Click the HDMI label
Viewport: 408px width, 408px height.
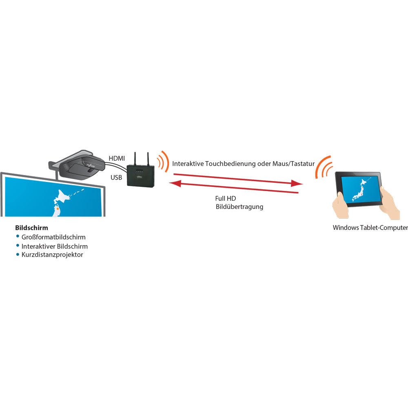click(x=117, y=158)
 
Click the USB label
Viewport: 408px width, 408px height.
click(x=116, y=177)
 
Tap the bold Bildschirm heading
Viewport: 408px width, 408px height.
click(x=31, y=228)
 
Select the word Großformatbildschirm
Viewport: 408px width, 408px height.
click(x=53, y=237)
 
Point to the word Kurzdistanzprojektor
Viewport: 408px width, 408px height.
click(x=52, y=255)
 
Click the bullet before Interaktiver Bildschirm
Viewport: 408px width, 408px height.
click(x=18, y=245)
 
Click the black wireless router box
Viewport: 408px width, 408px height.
click(x=140, y=175)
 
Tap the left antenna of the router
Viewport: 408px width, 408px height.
click(x=135, y=159)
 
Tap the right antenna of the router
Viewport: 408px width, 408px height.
click(x=148, y=159)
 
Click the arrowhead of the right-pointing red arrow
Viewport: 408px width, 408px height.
click(x=297, y=183)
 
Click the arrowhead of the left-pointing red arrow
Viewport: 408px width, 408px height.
click(x=175, y=184)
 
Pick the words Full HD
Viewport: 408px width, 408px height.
click(x=225, y=198)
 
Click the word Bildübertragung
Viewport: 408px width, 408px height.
click(x=239, y=207)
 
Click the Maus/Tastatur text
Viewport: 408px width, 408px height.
click(x=293, y=164)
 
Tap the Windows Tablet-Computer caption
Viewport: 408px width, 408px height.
click(x=370, y=228)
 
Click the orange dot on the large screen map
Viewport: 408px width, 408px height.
click(x=58, y=208)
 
